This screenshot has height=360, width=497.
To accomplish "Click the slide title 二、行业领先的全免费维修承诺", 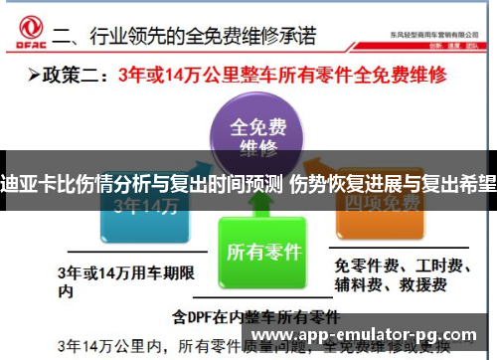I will coord(184,38).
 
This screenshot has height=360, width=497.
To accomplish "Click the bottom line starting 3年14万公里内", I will coord(248,347).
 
